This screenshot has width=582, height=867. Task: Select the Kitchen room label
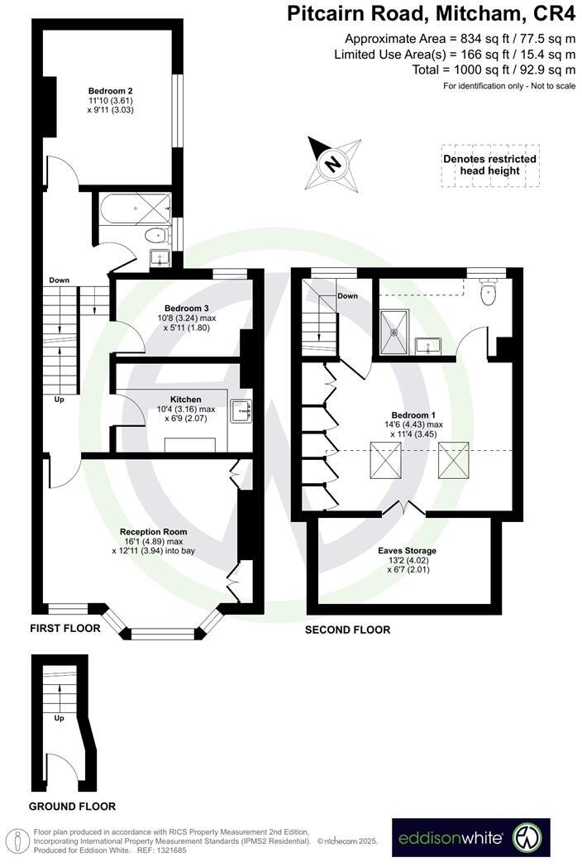pos(186,399)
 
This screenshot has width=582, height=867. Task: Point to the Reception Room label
pos(153,531)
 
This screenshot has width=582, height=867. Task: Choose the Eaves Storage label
pos(407,550)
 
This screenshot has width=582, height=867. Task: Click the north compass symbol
pos(332,162)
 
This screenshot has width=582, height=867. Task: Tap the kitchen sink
pos(241,408)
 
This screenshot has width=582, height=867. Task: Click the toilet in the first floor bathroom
pos(155,236)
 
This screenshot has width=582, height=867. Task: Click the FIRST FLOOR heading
pos(64,629)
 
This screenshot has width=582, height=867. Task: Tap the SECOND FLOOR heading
pos(347,630)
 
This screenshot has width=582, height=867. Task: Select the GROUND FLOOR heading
pos(72,806)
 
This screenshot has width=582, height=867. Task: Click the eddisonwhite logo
pos(470,838)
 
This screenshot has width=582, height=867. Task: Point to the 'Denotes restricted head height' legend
pos(489,165)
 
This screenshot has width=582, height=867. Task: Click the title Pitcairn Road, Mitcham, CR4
pos(431,14)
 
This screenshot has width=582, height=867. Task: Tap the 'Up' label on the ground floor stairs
pos(59,718)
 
